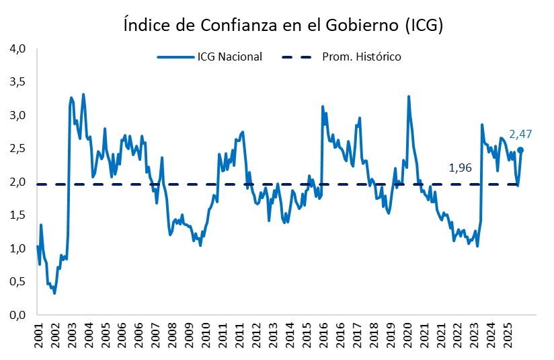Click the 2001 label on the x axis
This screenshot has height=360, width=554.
tap(38, 334)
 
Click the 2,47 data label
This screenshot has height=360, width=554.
tap(521, 135)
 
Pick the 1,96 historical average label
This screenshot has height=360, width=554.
tap(461, 168)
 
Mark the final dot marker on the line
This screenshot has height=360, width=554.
tap(520, 151)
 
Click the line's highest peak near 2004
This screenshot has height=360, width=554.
tap(83, 95)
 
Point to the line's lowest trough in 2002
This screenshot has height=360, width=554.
tap(54, 293)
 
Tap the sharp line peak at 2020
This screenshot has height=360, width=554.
tap(408, 97)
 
